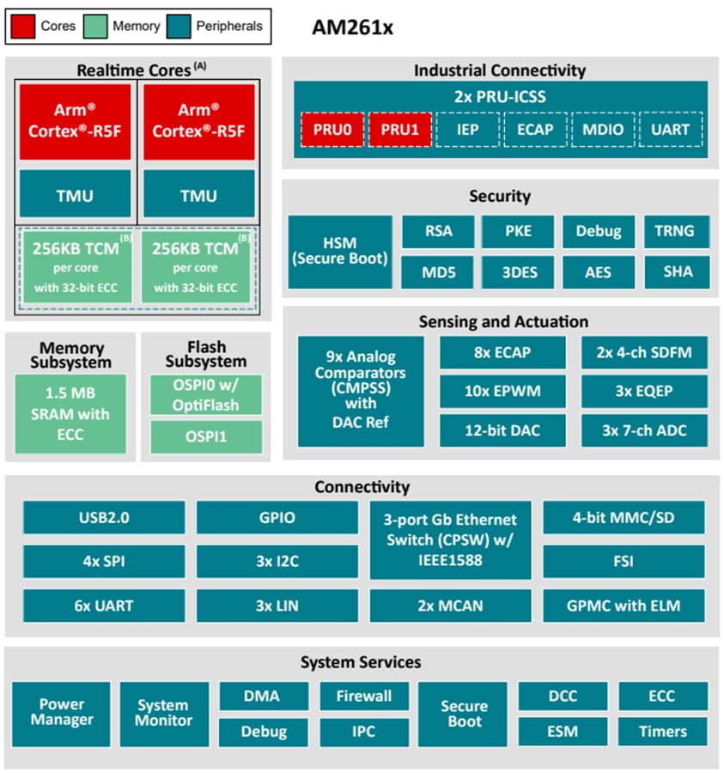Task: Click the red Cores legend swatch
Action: [x=23, y=26]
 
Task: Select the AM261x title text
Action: [x=352, y=27]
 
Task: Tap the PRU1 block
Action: [x=399, y=130]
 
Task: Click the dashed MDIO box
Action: [x=603, y=130]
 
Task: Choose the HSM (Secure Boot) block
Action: [x=339, y=252]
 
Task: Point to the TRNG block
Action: [x=677, y=231]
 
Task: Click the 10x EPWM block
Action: [x=502, y=391]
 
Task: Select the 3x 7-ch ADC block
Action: [x=644, y=430]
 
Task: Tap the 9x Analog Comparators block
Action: [x=361, y=391]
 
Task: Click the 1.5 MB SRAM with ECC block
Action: [x=70, y=414]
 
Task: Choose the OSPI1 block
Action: [x=206, y=436]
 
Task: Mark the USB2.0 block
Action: [x=103, y=518]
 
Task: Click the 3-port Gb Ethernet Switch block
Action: [x=450, y=540]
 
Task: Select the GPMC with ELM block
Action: [x=624, y=606]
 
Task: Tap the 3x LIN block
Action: [x=277, y=606]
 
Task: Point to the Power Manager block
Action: [x=62, y=713]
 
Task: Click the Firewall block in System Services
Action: [x=363, y=696]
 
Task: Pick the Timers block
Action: [x=663, y=732]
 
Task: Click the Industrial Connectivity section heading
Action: [x=499, y=70]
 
